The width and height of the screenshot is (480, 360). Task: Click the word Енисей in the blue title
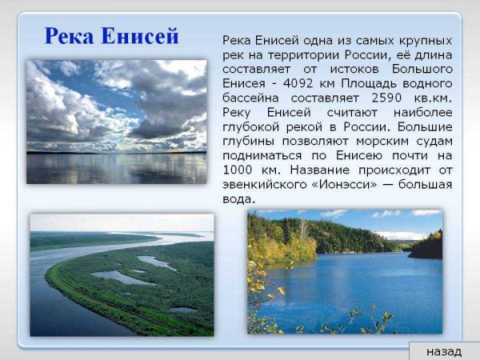pos(143,36)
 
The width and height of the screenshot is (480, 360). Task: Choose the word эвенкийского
pos(265,185)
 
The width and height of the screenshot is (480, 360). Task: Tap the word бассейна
pos(250,98)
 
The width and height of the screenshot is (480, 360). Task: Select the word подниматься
pos(259,156)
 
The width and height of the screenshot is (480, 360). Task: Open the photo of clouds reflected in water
pos(116,122)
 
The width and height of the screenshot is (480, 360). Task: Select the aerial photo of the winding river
pos(122,274)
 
